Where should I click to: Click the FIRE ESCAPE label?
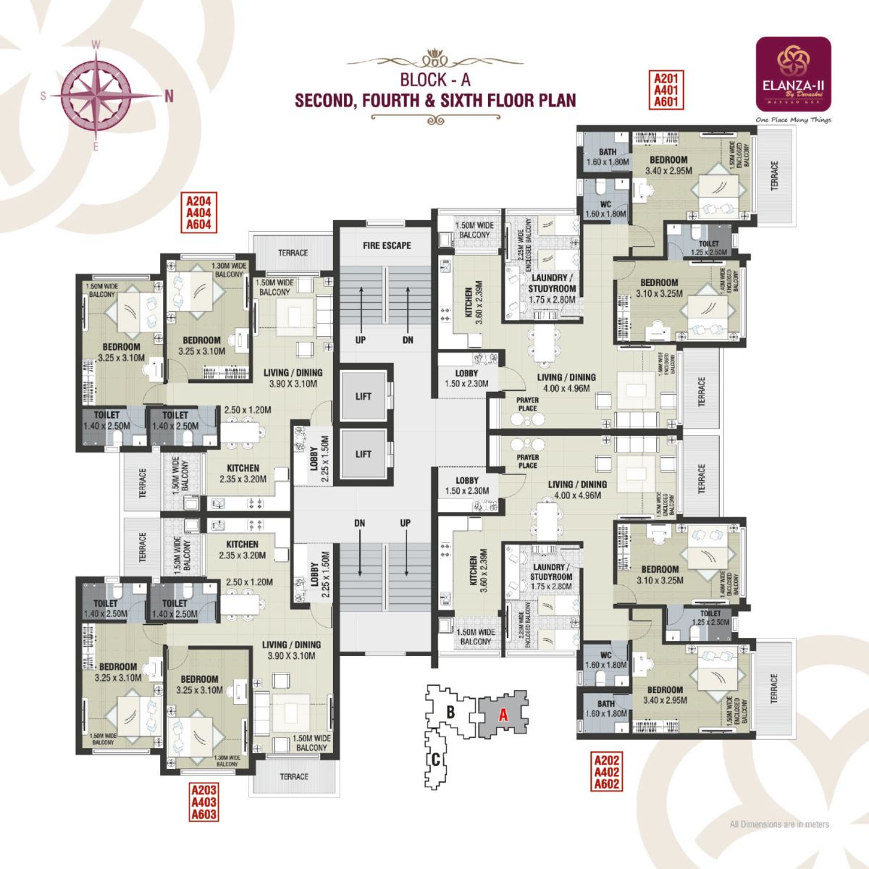387,245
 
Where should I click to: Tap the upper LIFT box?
364,396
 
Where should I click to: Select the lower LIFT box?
364,454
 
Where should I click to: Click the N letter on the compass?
169,95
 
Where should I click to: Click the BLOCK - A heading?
434,80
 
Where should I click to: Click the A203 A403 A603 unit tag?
203,802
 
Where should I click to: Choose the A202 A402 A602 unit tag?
607,772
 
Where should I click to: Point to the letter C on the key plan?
436,760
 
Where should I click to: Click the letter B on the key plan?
450,712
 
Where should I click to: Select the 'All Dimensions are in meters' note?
779,824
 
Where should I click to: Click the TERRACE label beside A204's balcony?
293,253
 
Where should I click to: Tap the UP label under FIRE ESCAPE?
360,340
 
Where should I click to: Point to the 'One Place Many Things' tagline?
792,120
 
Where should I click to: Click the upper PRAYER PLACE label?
527,404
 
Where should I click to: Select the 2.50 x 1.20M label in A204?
247,410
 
